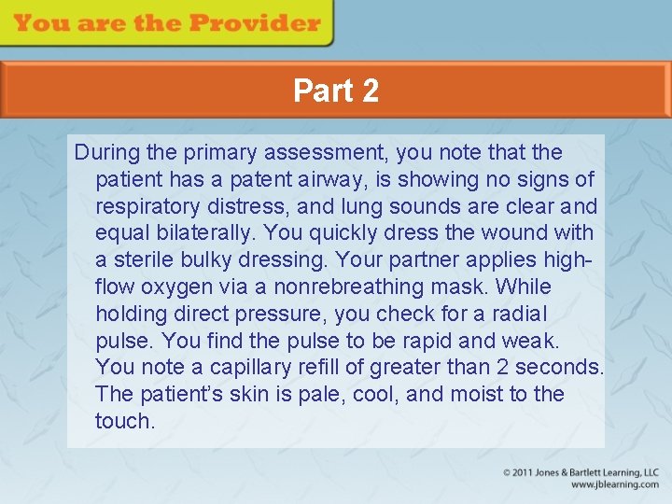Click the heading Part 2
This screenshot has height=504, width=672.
tap(336, 91)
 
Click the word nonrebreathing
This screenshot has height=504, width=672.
tap(366, 287)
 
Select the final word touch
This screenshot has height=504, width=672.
tap(125, 421)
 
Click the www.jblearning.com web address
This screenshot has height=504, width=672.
tap(614, 485)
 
